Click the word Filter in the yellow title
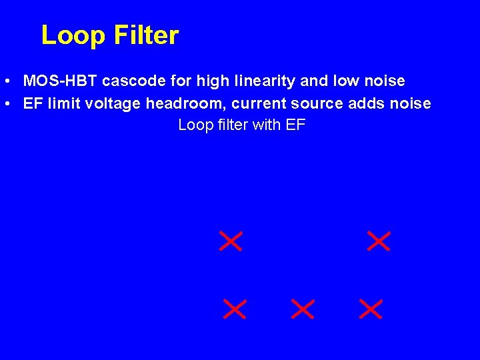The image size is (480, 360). pyautogui.click(x=147, y=35)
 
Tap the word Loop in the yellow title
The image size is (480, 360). pyautogui.click(x=73, y=35)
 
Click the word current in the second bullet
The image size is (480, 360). pyautogui.click(x=257, y=104)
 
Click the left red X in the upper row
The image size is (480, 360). pyautogui.click(x=231, y=241)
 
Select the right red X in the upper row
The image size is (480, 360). pyautogui.click(x=379, y=241)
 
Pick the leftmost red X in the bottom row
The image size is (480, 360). pyautogui.click(x=235, y=309)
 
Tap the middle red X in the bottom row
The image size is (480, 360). pyautogui.click(x=303, y=309)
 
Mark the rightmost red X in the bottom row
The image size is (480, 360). pyautogui.click(x=371, y=309)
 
